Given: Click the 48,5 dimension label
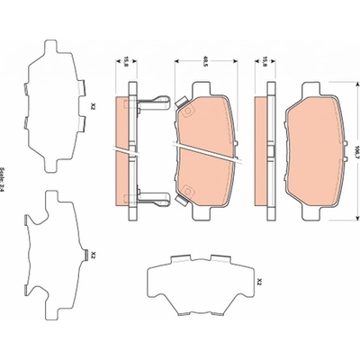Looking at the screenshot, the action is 205,62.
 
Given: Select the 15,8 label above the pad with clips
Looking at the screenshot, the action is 126,62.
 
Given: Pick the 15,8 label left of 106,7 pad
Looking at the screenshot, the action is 265,62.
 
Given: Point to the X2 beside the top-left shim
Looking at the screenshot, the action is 93,106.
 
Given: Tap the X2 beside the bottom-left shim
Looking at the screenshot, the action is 93,255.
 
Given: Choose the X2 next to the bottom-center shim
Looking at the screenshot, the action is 260,282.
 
